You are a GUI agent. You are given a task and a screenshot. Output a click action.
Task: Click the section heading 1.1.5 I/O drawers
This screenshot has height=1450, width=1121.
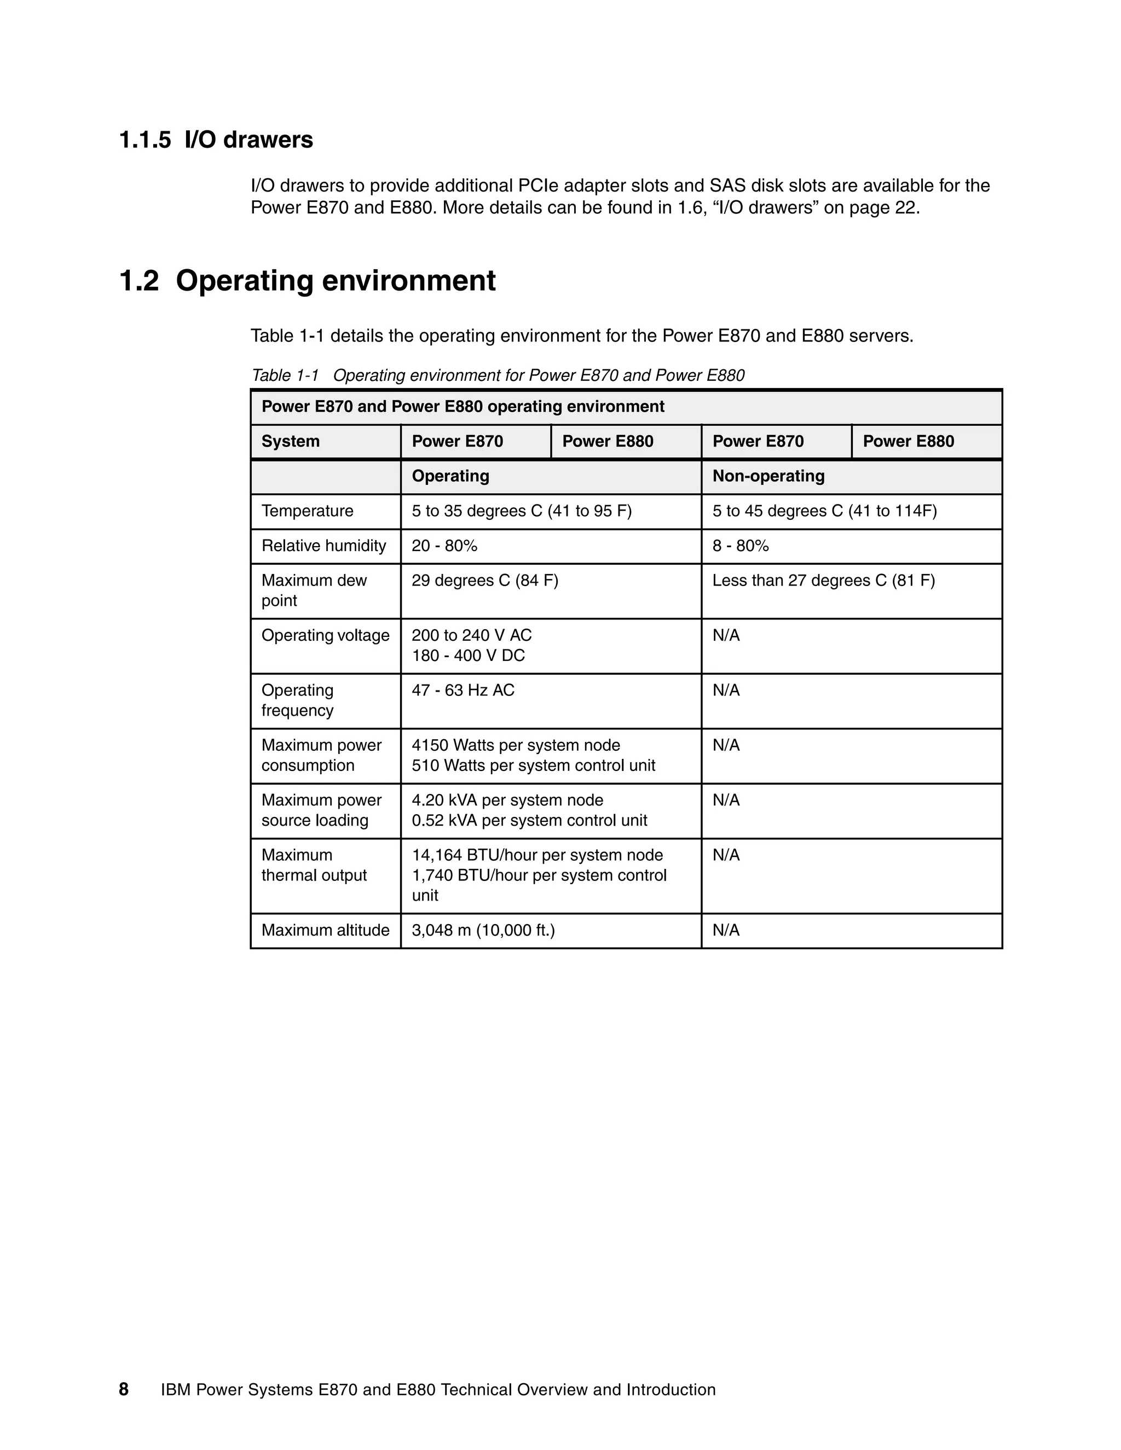(216, 140)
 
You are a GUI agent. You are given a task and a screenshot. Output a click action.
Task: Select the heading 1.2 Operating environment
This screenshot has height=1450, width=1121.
(307, 281)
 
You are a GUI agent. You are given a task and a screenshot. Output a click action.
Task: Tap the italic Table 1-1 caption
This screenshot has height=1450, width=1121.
(498, 376)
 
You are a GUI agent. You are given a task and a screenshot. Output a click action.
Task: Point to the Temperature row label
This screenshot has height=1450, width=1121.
(307, 511)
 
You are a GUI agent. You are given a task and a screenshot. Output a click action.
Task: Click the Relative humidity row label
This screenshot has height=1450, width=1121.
(323, 546)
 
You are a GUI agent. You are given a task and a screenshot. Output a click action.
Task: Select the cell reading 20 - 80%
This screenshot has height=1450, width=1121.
(444, 546)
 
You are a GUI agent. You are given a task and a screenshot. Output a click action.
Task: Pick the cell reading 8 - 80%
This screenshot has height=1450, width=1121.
(741, 546)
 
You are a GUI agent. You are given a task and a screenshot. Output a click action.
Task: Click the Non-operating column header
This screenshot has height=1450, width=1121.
(768, 476)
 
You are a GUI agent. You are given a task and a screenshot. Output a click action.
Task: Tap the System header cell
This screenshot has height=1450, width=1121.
(290, 442)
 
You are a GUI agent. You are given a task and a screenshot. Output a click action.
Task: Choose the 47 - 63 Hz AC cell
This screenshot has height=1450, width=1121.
(463, 691)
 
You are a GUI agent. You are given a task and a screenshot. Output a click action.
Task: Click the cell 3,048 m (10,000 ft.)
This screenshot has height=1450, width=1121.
(483, 930)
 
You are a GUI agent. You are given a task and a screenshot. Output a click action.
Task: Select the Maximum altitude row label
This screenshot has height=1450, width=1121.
(326, 930)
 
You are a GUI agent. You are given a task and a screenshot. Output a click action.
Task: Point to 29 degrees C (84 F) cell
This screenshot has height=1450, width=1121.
(485, 581)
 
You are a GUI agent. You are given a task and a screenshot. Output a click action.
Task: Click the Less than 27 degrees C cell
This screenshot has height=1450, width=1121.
(823, 581)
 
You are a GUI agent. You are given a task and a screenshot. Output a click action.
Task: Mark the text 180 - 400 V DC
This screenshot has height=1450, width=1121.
(468, 656)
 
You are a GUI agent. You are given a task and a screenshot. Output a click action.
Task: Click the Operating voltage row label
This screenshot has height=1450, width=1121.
(326, 636)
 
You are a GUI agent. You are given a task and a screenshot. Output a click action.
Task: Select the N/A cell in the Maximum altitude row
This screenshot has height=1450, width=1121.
(726, 930)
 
